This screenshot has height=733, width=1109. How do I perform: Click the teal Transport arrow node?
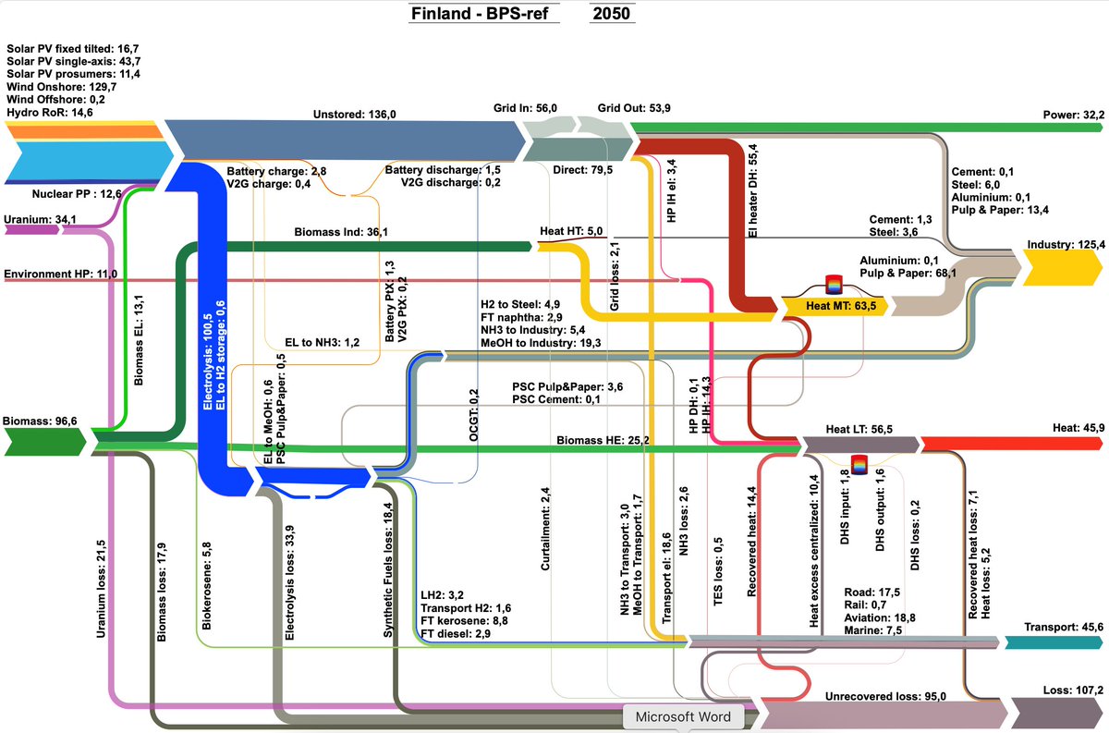point(1054,642)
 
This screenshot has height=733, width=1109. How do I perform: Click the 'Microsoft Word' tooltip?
point(684,716)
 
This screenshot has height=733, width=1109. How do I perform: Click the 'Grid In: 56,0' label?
point(524,108)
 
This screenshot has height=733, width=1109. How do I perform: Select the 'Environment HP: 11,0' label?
point(62,275)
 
